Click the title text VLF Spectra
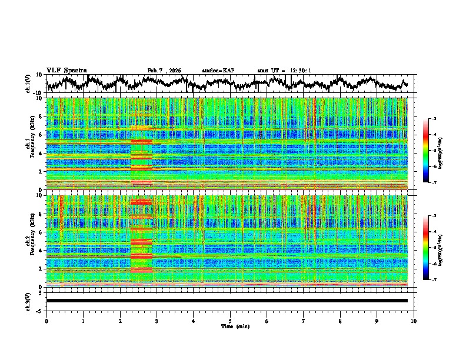tap(66, 70)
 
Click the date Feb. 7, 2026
tap(164, 71)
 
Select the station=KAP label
tap(218, 71)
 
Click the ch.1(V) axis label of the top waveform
tap(28, 84)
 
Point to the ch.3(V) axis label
tap(28, 301)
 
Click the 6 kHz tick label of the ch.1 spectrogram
tap(41, 135)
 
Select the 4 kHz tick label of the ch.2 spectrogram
tap(41, 251)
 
